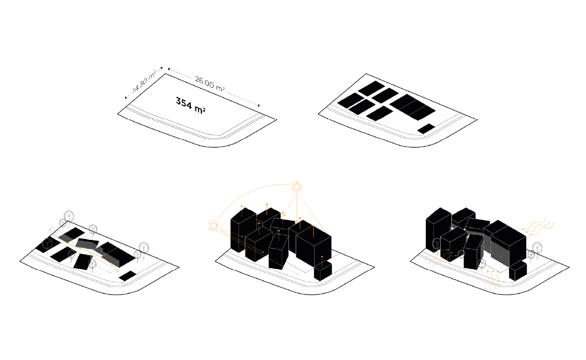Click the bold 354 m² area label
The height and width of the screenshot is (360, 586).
190,105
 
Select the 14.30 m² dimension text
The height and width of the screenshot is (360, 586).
144,81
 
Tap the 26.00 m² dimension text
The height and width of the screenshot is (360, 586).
210,84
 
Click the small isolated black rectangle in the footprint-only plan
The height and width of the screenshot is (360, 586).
426,129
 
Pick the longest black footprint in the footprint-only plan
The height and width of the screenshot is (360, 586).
413,107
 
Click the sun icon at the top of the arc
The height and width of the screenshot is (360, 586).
297,187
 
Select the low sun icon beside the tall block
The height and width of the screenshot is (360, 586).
213,226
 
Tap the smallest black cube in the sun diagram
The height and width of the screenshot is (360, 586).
323,271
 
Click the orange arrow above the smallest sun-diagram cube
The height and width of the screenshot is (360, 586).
322,261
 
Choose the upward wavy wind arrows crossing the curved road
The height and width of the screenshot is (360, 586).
491,280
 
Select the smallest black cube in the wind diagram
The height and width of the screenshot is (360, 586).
518,271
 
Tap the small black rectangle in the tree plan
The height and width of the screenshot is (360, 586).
128,276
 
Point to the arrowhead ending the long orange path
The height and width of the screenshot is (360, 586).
118,271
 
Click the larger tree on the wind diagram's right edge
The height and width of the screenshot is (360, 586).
537,248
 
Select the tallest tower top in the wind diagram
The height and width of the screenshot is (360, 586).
438,214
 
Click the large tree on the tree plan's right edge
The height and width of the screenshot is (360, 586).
144,248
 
